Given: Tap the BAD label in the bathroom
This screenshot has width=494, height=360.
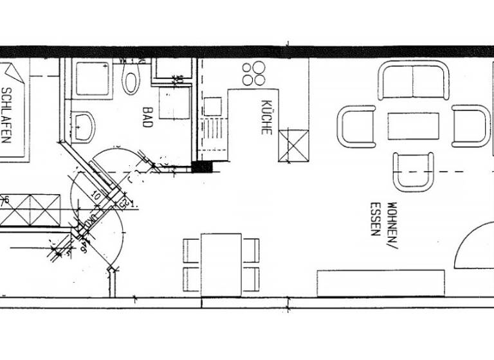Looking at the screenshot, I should pos(147,116).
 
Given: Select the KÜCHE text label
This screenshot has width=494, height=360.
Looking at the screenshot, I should pos(266,116).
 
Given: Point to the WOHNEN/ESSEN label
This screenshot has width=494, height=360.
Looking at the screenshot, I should pos(383,219).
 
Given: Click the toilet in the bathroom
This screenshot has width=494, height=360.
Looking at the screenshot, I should pos(131,80).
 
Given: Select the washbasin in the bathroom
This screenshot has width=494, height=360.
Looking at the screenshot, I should pos(83,127).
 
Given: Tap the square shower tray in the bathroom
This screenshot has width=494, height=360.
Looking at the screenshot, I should pos(92,78).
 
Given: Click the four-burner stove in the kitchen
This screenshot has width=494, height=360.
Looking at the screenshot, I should pos(254,73).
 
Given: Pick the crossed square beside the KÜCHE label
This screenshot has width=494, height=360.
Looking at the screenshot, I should pos(293,145).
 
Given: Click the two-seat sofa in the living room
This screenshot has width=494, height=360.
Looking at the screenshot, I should pos(413,80).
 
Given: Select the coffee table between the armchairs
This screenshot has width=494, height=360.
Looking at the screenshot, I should pos(413,126).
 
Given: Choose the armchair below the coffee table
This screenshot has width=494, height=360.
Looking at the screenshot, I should pos(413,172).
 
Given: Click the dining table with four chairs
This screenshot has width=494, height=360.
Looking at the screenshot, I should pos(221,264).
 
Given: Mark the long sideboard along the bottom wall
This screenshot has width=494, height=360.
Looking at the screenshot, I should pos(381,283).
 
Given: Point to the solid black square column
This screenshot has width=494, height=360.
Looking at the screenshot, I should pos(202,167).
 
